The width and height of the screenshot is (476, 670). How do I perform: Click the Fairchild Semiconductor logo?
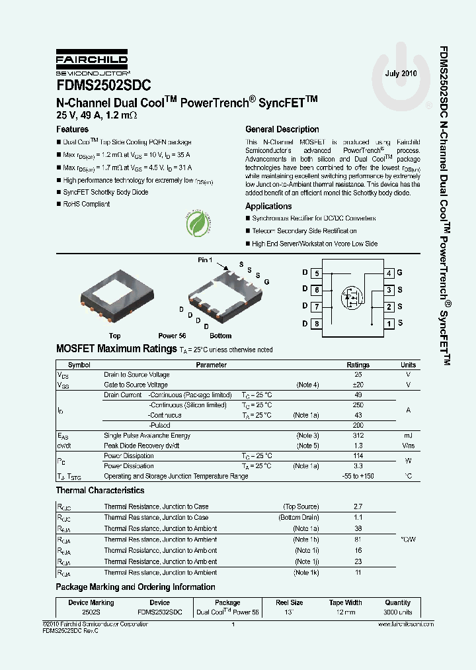91,64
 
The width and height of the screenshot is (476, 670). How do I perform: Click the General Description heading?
282,130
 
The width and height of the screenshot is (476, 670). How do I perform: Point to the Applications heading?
268,207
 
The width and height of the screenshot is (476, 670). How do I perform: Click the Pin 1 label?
205,260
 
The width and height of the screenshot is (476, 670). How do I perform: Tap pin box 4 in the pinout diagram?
389,273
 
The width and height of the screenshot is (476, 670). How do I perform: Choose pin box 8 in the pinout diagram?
317,324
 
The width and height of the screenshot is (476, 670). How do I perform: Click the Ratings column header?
358,365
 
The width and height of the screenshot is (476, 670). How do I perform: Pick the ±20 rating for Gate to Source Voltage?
358,385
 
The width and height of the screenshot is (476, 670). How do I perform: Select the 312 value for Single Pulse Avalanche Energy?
358,436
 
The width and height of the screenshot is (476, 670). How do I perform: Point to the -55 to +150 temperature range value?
358,477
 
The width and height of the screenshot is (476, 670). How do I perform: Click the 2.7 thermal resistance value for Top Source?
358,506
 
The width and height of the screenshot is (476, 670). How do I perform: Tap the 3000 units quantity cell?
398,613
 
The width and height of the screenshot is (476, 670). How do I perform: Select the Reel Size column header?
289,603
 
